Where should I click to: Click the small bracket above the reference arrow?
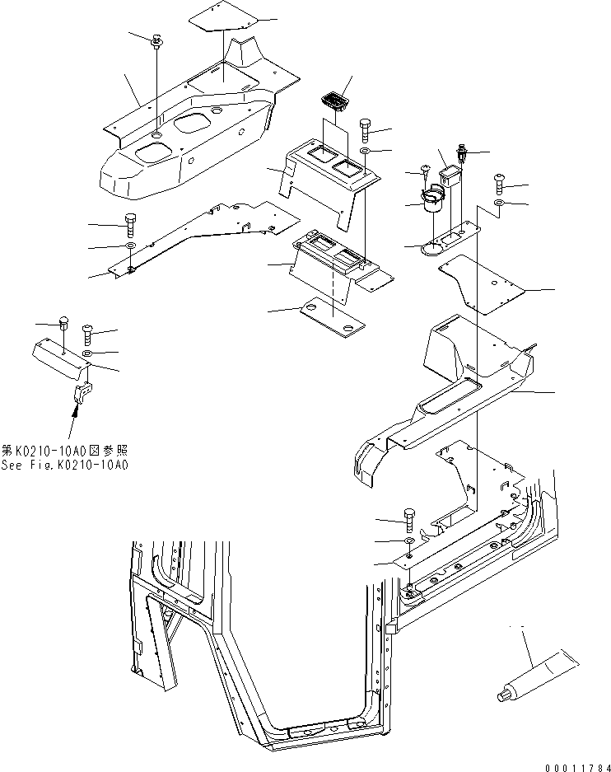click(82, 393)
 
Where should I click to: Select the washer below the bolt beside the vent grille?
click(365, 152)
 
